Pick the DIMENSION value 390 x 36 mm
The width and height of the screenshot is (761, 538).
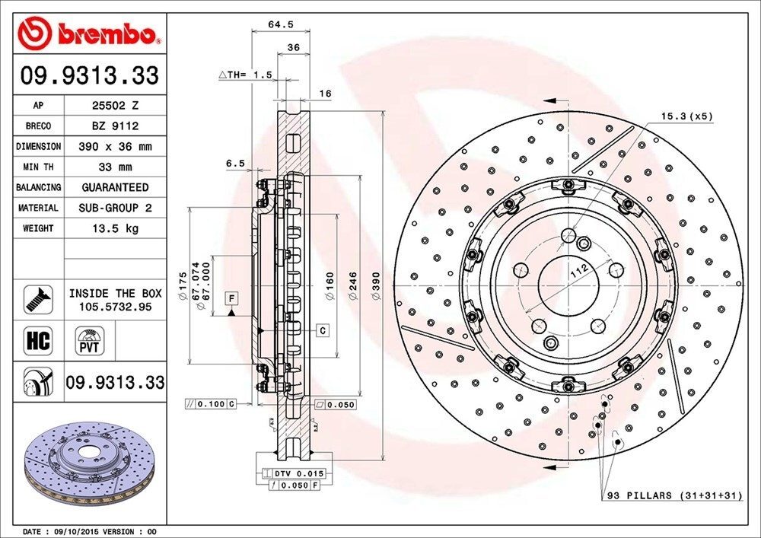115,146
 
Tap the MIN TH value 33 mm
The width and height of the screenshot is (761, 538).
115,167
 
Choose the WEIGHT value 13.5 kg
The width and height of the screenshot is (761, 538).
115,228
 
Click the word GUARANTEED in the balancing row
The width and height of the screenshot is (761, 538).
115,187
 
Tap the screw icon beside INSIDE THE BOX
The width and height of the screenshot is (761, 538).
38,299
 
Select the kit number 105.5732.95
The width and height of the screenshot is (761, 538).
115,306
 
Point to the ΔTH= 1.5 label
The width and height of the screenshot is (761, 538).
245,75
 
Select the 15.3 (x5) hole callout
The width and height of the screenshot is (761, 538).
686,116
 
